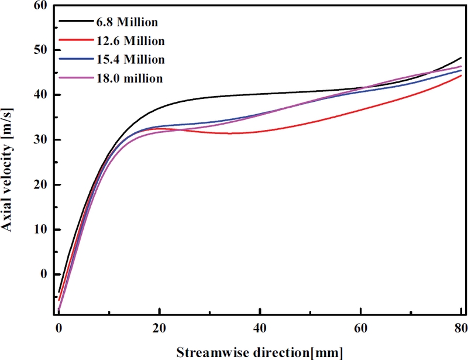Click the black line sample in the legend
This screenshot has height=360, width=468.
click(x=74, y=23)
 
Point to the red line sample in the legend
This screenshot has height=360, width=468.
click(x=74, y=41)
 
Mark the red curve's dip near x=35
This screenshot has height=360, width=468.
click(x=234, y=133)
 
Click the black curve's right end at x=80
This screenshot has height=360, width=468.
click(x=462, y=58)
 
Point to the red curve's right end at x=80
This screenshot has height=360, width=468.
click(x=462, y=76)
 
